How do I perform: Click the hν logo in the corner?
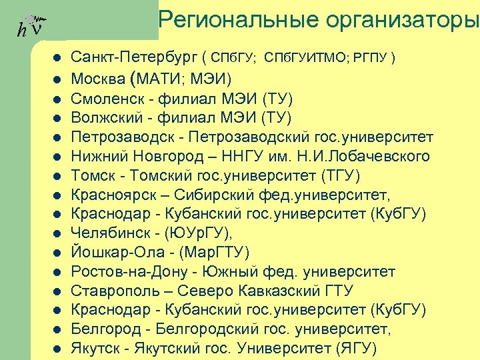click(x=30, y=26)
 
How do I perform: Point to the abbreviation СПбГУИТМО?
click(x=303, y=59)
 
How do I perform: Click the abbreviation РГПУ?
click(x=370, y=59)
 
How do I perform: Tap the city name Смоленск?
click(x=103, y=99)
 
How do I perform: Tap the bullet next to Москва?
click(x=57, y=80)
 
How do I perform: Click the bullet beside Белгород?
click(x=57, y=330)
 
